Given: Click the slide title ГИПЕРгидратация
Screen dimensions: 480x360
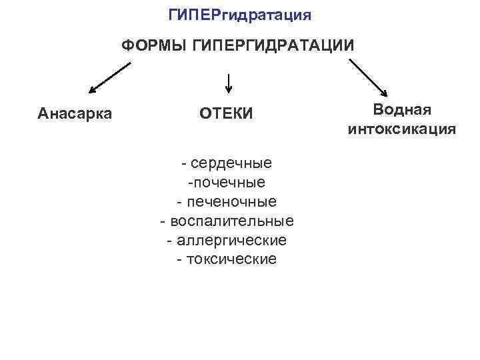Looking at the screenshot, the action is pyautogui.click(x=239, y=14).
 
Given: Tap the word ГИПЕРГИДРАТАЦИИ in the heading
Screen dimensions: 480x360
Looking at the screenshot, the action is pyautogui.click(x=273, y=46).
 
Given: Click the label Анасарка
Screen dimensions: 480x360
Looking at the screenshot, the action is pyautogui.click(x=75, y=113).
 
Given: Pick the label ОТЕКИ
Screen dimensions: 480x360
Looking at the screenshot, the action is pyautogui.click(x=226, y=114).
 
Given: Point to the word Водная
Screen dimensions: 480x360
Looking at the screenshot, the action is pyautogui.click(x=402, y=109).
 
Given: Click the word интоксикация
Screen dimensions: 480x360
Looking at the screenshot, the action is pyautogui.click(x=402, y=129).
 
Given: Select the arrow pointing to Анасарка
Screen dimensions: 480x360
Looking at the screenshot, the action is pyautogui.click(x=109, y=77).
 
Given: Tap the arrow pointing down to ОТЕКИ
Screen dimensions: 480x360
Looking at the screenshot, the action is pyautogui.click(x=229, y=83).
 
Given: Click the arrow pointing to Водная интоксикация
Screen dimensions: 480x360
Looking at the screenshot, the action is pyautogui.click(x=369, y=79).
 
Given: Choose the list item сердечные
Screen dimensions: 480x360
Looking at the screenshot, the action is pyautogui.click(x=231, y=163).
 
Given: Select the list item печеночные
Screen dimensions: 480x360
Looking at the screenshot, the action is pyautogui.click(x=231, y=201).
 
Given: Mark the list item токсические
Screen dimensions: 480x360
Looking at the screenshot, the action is pyautogui.click(x=231, y=259).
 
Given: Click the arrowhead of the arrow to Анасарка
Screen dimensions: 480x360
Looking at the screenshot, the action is pyautogui.click(x=93, y=90).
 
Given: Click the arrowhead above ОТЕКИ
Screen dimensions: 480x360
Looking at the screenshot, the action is pyautogui.click(x=229, y=90).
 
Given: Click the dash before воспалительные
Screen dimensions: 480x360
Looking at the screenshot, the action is pyautogui.click(x=163, y=221).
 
